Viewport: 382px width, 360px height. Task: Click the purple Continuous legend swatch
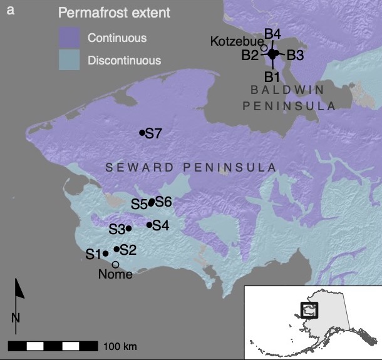[x=70, y=38]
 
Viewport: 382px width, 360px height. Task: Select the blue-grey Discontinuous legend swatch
[x=70, y=61]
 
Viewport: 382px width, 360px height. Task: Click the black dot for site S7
[x=142, y=133]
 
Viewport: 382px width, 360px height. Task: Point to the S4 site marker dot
[x=149, y=225]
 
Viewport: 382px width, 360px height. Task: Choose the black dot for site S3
[x=129, y=229]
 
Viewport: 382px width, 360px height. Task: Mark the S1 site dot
[x=105, y=254]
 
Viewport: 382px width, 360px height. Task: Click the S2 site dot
[x=116, y=249]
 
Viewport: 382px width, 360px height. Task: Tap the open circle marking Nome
[x=116, y=264]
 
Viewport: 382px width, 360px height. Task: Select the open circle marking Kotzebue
[x=264, y=48]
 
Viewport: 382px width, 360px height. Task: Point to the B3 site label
[x=295, y=55]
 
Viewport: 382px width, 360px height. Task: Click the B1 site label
[x=271, y=77]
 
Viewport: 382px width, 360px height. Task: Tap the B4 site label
[x=272, y=33]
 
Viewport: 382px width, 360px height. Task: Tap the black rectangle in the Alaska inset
[x=309, y=309]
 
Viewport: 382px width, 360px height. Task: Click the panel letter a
[x=9, y=9]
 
